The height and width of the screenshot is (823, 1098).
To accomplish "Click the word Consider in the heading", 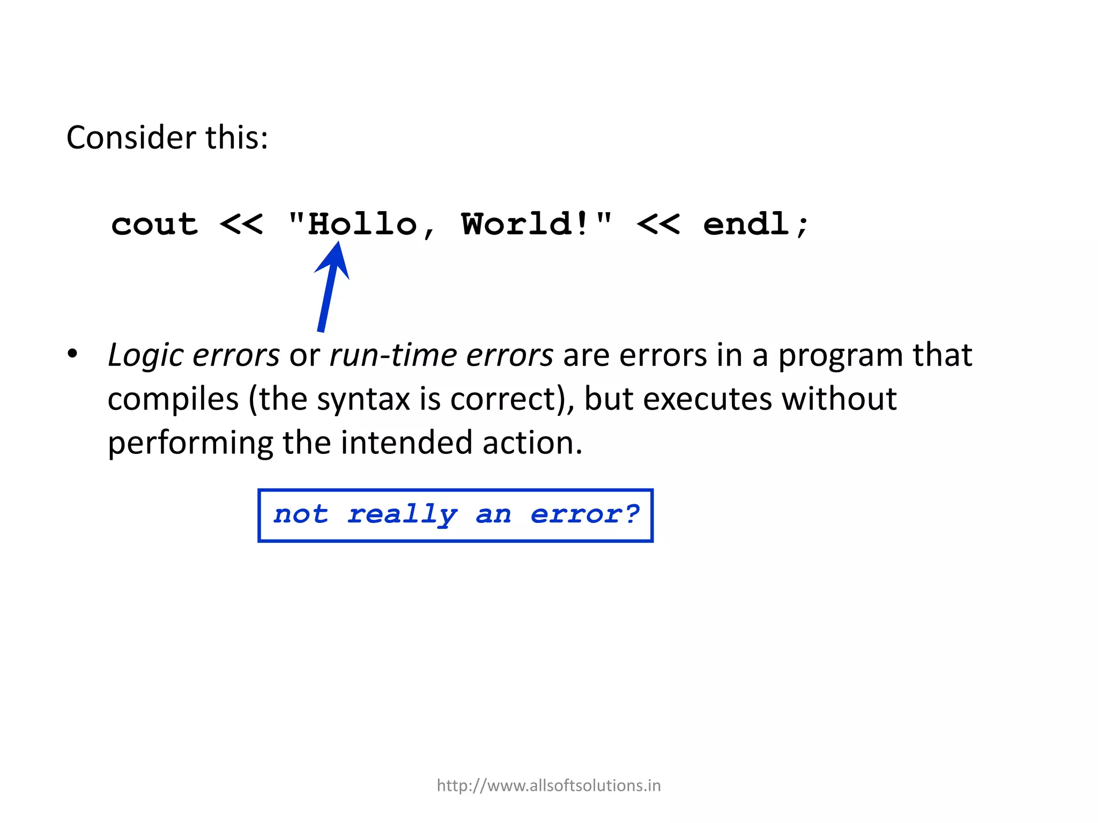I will click(131, 138).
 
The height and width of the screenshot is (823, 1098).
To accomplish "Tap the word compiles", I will click(173, 400).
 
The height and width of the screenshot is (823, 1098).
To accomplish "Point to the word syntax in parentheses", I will click(363, 400).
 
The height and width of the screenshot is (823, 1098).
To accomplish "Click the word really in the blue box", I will click(402, 515).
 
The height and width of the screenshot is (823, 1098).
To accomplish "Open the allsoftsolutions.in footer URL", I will click(548, 785).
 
